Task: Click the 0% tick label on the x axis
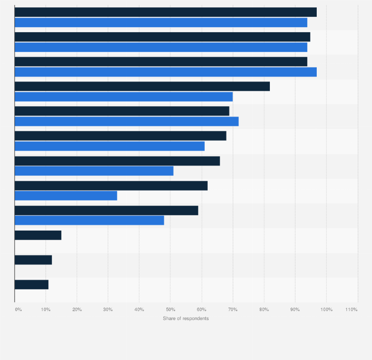[18, 309]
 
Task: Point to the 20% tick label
[77, 309]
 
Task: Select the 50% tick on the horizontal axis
[170, 309]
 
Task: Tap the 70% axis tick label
[232, 309]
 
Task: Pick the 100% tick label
[326, 309]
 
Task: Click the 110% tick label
[351, 309]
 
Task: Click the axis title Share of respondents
[186, 319]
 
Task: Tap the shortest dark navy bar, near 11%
[32, 284]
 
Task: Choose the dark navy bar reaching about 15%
[38, 235]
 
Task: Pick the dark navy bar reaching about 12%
[33, 260]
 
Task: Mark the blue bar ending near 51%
[94, 171]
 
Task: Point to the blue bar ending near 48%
[89, 220]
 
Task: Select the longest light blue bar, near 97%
[165, 72]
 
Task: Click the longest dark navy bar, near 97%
[165, 12]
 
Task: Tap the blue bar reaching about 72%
[126, 121]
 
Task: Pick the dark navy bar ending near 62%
[111, 186]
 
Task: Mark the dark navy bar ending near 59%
[106, 210]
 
